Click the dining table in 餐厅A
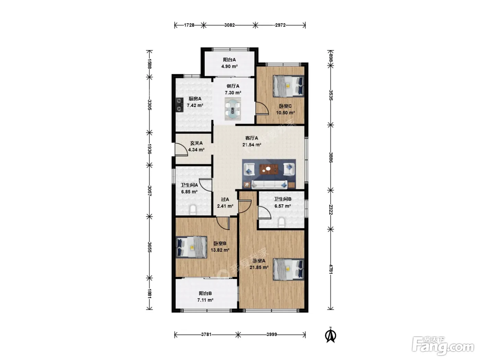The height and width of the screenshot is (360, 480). coord(233,109)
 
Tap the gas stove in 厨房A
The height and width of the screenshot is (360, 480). coord(180,105)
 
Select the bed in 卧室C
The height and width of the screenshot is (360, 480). coord(288,86)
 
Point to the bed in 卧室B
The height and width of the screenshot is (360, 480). coord(191,247)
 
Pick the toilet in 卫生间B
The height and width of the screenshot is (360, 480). coord(281,223)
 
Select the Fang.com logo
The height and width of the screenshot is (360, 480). coord(443,346)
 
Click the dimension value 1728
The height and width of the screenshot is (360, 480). coord(189,25)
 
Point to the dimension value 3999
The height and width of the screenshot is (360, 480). coord(272,334)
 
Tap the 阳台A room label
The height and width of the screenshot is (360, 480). coord(229,60)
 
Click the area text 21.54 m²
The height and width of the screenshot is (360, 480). coord(252,145)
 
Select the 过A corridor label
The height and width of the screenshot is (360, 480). coord(225,199)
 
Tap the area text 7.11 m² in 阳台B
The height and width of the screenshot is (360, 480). coord(205,300)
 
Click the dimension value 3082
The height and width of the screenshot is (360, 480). coord(229,25)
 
